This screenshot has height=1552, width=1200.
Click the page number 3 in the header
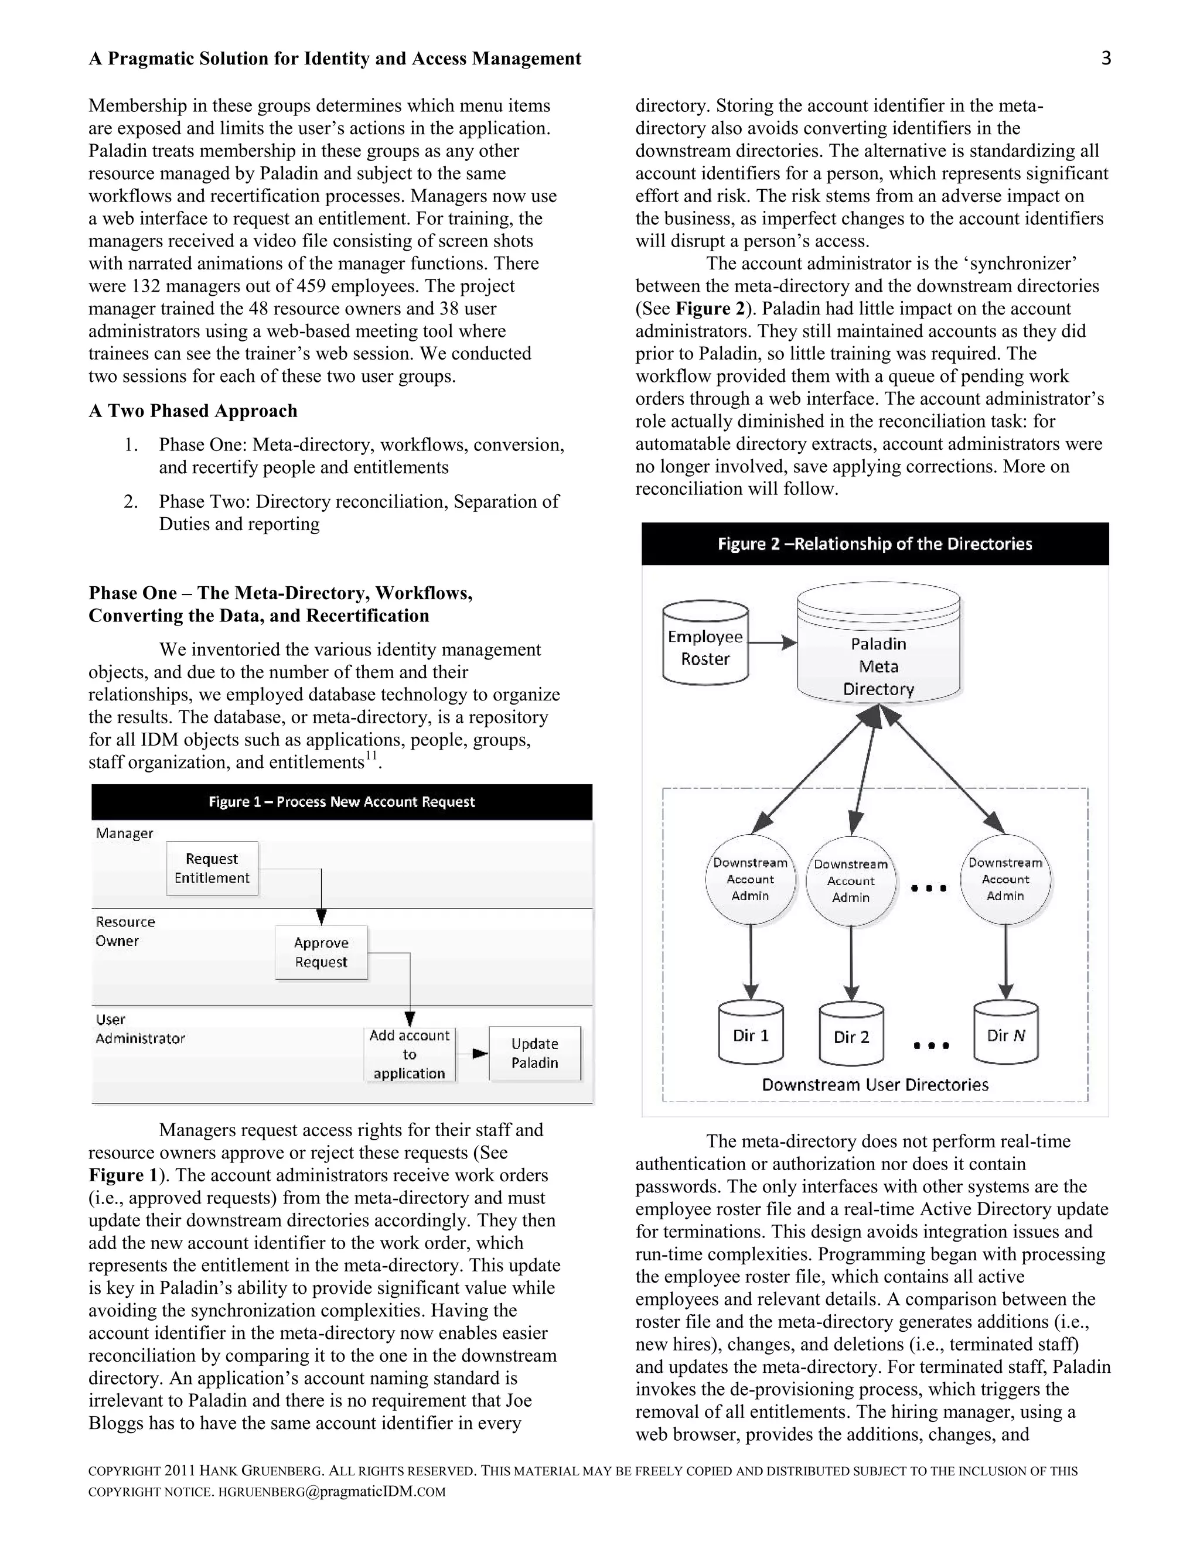click(1106, 58)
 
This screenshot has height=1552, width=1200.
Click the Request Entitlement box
click(212, 868)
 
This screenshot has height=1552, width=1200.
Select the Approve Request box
click(321, 952)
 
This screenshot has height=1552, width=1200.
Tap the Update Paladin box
click(534, 1053)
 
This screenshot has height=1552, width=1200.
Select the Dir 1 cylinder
click(751, 1035)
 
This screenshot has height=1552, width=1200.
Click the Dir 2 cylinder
click(851, 1037)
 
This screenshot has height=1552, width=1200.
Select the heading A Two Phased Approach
click(193, 411)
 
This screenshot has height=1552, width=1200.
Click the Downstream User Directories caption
click(875, 1085)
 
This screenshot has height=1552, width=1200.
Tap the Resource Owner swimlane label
click(125, 931)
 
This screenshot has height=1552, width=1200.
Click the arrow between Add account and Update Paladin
click(472, 1054)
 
